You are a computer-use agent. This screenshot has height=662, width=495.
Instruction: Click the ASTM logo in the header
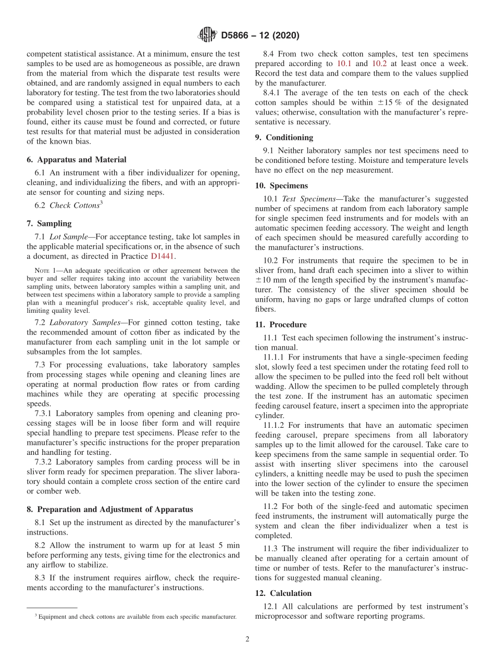(207, 35)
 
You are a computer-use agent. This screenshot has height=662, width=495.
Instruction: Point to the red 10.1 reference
(344, 63)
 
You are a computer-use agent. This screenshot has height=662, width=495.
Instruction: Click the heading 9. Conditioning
(284, 137)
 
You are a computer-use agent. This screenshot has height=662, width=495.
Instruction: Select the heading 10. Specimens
(281, 185)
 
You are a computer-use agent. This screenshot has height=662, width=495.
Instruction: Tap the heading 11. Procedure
(281, 324)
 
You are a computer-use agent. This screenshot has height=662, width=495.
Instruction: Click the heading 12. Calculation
(283, 593)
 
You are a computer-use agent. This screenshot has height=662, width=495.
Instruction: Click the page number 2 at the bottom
(247, 640)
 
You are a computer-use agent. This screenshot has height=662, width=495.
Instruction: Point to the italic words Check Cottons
(74, 206)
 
